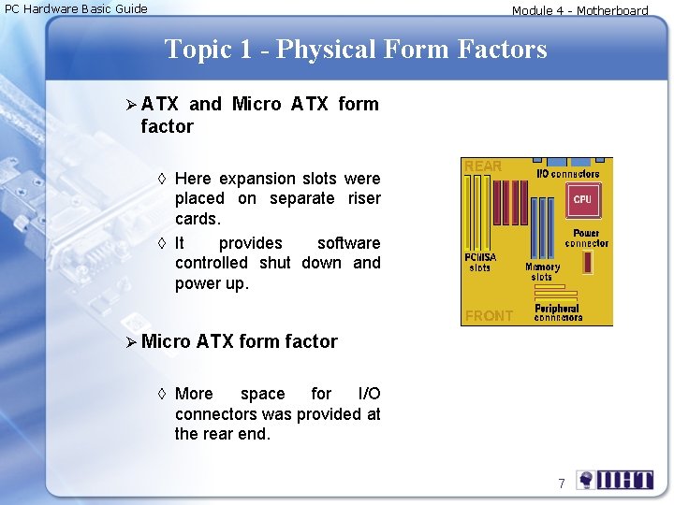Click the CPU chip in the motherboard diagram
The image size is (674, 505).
click(582, 199)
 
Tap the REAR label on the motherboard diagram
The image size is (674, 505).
click(483, 166)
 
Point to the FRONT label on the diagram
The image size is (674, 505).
click(489, 316)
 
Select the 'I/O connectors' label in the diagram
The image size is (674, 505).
click(567, 173)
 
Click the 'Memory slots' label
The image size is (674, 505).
click(542, 271)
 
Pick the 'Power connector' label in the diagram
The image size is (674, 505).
click(586, 238)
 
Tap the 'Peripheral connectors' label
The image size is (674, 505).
click(558, 312)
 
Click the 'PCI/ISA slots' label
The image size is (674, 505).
click(479, 263)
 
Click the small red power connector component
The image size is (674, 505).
click(587, 262)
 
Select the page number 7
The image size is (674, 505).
click(562, 483)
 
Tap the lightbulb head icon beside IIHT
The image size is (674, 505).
click(586, 480)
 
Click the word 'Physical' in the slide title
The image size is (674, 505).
click(328, 49)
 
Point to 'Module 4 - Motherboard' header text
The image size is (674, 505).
click(579, 11)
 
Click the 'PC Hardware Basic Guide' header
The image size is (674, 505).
click(77, 9)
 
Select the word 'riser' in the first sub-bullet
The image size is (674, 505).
click(363, 198)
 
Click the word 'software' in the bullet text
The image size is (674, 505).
click(348, 243)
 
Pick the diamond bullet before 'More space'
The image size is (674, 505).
click(163, 394)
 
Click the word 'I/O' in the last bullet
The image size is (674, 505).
click(369, 394)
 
